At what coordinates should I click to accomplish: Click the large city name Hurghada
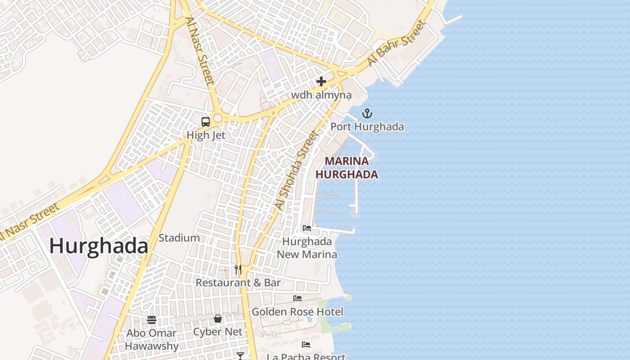(x=99, y=247)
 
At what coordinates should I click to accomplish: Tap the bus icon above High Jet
(x=206, y=122)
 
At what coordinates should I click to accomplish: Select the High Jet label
(x=206, y=135)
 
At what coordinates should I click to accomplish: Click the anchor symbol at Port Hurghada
(x=367, y=113)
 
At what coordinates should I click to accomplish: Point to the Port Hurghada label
(x=367, y=127)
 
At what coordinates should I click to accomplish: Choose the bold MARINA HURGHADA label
(x=346, y=167)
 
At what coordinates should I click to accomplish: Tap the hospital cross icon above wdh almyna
(x=321, y=81)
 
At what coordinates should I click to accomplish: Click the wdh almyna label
(x=321, y=95)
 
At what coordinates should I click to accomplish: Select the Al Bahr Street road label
(x=396, y=43)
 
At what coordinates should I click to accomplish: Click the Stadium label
(x=179, y=238)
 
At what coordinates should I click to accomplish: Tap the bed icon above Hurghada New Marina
(x=307, y=228)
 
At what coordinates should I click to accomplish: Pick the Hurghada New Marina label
(x=307, y=248)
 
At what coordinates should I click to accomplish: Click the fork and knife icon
(x=238, y=270)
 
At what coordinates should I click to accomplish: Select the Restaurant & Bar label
(x=238, y=283)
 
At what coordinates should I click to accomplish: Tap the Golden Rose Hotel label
(x=297, y=311)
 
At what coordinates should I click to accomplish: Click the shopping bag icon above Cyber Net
(x=218, y=319)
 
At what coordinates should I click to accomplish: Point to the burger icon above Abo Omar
(x=152, y=320)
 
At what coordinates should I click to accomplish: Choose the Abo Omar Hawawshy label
(x=152, y=340)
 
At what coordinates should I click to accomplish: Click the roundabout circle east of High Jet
(x=218, y=118)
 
